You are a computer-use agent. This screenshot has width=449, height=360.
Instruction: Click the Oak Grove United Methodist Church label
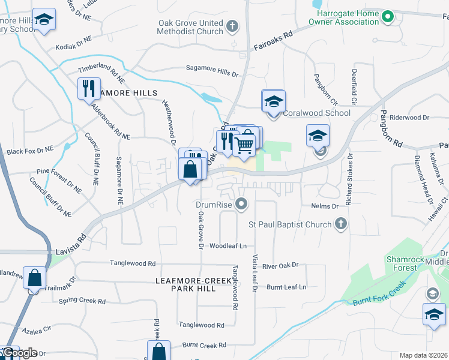click(x=190, y=27)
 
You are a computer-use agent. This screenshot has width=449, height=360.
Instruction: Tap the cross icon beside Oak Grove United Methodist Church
click(x=233, y=27)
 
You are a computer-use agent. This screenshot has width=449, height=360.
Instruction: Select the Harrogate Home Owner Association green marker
click(x=388, y=16)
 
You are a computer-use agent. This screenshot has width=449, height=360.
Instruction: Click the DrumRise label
click(x=214, y=205)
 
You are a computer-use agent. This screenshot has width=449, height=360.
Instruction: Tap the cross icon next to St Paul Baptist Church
click(x=340, y=224)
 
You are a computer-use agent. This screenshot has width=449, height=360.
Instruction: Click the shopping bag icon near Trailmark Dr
click(x=35, y=278)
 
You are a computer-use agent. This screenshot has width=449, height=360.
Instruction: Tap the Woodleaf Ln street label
click(x=228, y=246)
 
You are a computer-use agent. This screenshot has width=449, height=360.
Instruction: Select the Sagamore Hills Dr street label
click(x=212, y=71)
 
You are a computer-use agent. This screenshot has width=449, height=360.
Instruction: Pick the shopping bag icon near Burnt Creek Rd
click(x=159, y=352)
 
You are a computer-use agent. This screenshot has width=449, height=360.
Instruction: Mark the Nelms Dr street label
click(x=325, y=206)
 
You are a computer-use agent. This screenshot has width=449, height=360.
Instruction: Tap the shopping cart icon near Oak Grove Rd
click(x=244, y=144)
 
